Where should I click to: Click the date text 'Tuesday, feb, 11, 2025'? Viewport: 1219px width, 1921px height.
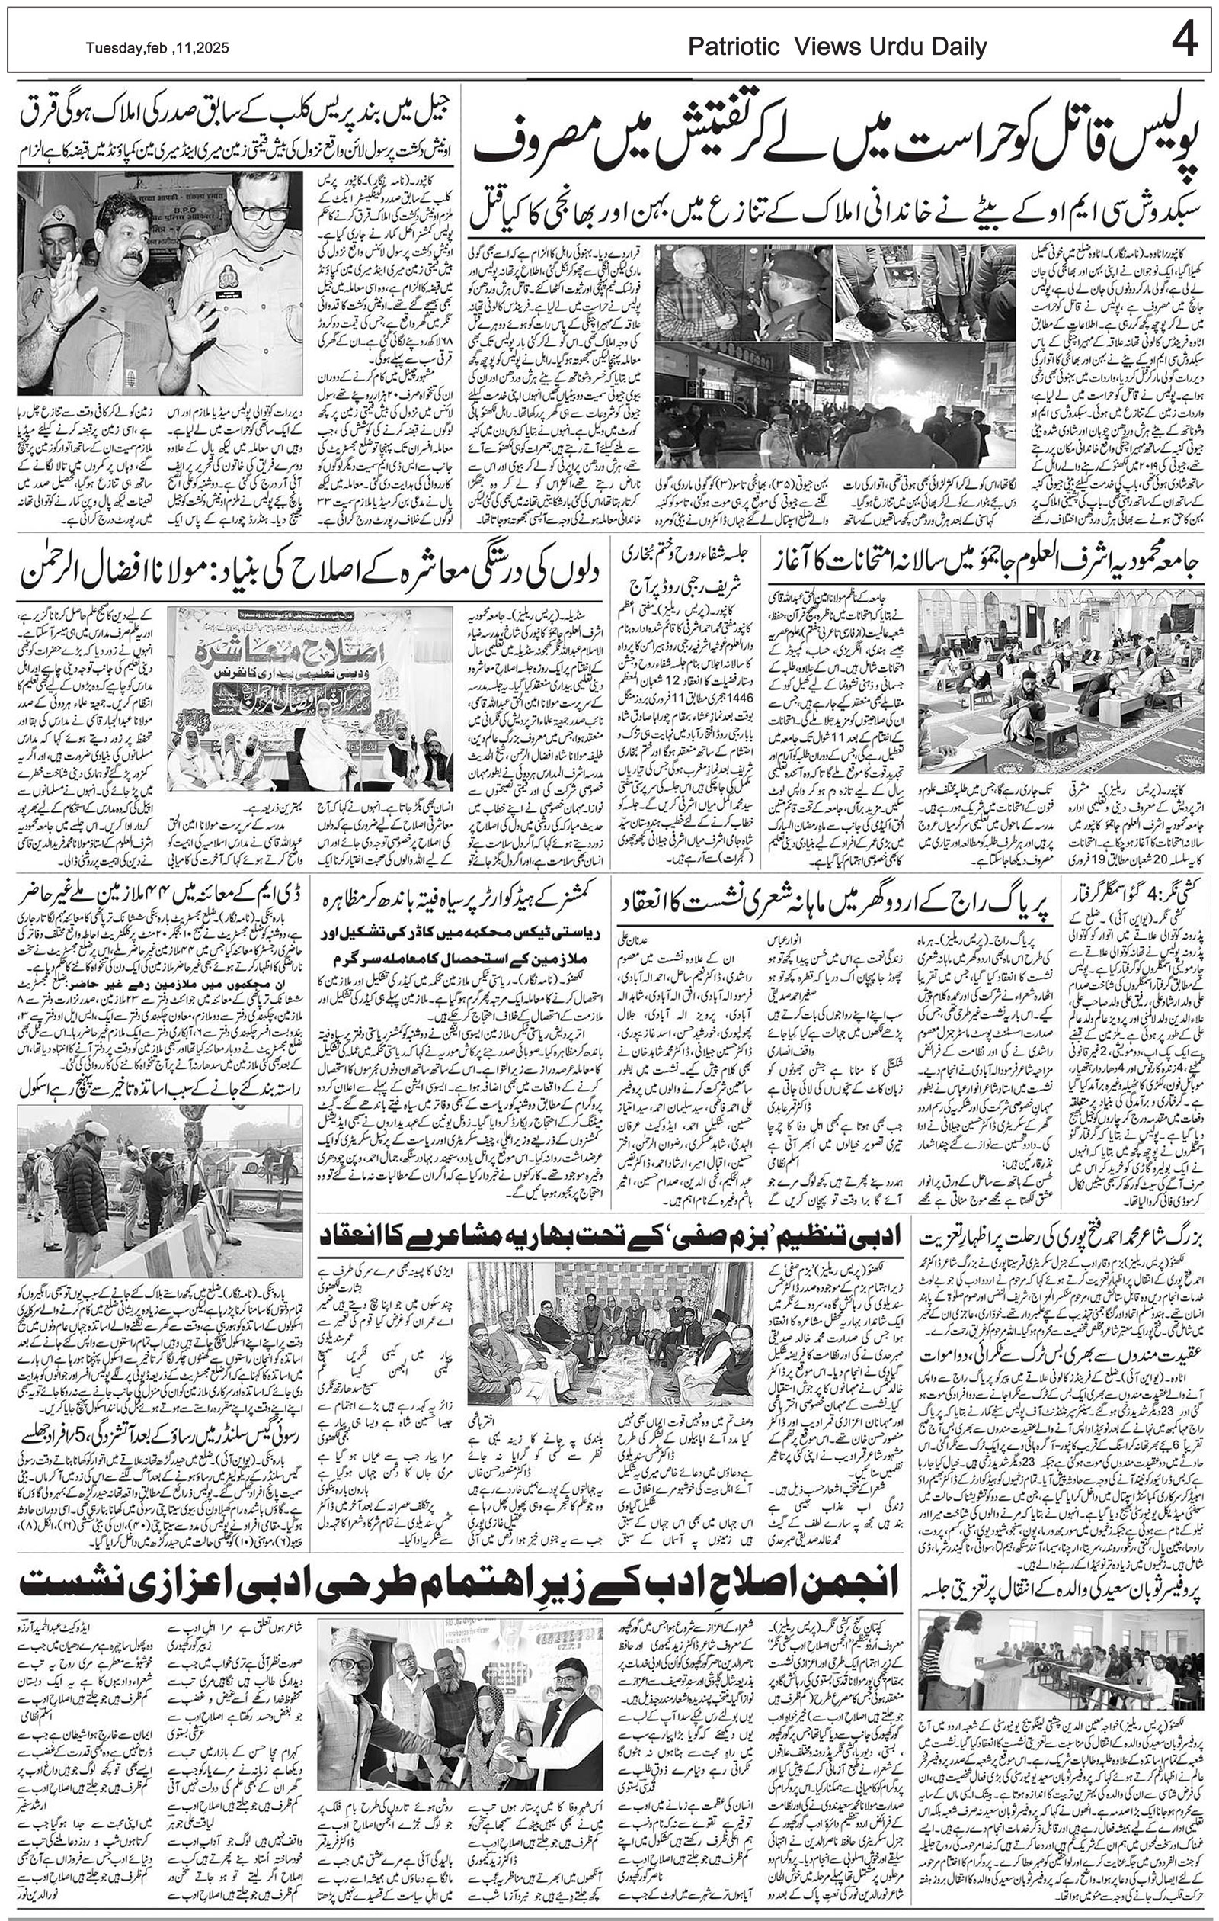point(157,49)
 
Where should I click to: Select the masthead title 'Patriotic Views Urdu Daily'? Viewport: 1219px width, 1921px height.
point(837,48)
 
